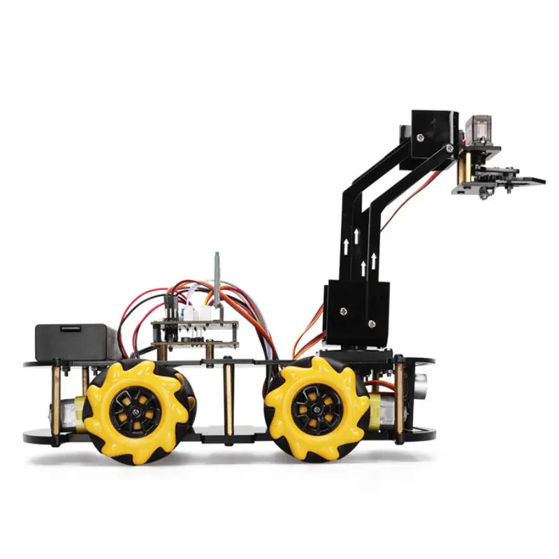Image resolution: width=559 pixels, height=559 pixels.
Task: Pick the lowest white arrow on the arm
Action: point(363,268)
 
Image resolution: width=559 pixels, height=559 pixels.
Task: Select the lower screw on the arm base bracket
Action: point(372,324)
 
